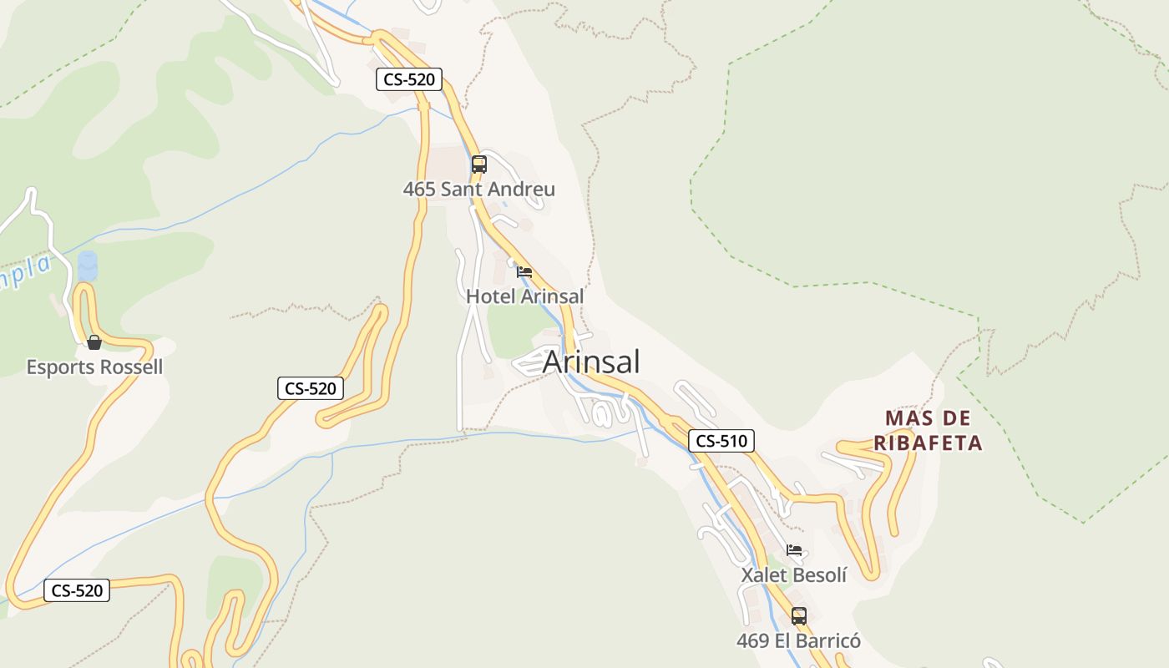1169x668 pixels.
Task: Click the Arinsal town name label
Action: coord(591,362)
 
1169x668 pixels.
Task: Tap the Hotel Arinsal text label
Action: coord(524,296)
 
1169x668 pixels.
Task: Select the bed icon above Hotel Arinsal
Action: coord(524,272)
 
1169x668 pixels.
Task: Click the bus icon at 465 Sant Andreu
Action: coord(478,164)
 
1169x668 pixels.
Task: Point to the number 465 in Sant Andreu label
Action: coord(419,190)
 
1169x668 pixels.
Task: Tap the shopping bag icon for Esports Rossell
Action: coord(94,342)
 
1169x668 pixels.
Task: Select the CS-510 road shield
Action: coord(721,441)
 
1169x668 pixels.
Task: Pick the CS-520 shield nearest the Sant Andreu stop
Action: coord(408,80)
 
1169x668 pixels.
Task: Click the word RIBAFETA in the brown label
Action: coord(928,443)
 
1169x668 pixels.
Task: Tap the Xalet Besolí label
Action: coord(793,575)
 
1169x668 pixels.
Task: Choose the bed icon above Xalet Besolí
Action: coord(794,550)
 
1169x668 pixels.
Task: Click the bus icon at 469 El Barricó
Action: coord(799,616)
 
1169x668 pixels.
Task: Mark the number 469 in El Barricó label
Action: coord(752,641)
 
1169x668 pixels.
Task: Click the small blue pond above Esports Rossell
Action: coord(87,266)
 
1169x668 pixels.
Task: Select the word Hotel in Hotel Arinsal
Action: coord(491,296)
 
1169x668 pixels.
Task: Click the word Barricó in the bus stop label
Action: coord(828,641)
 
